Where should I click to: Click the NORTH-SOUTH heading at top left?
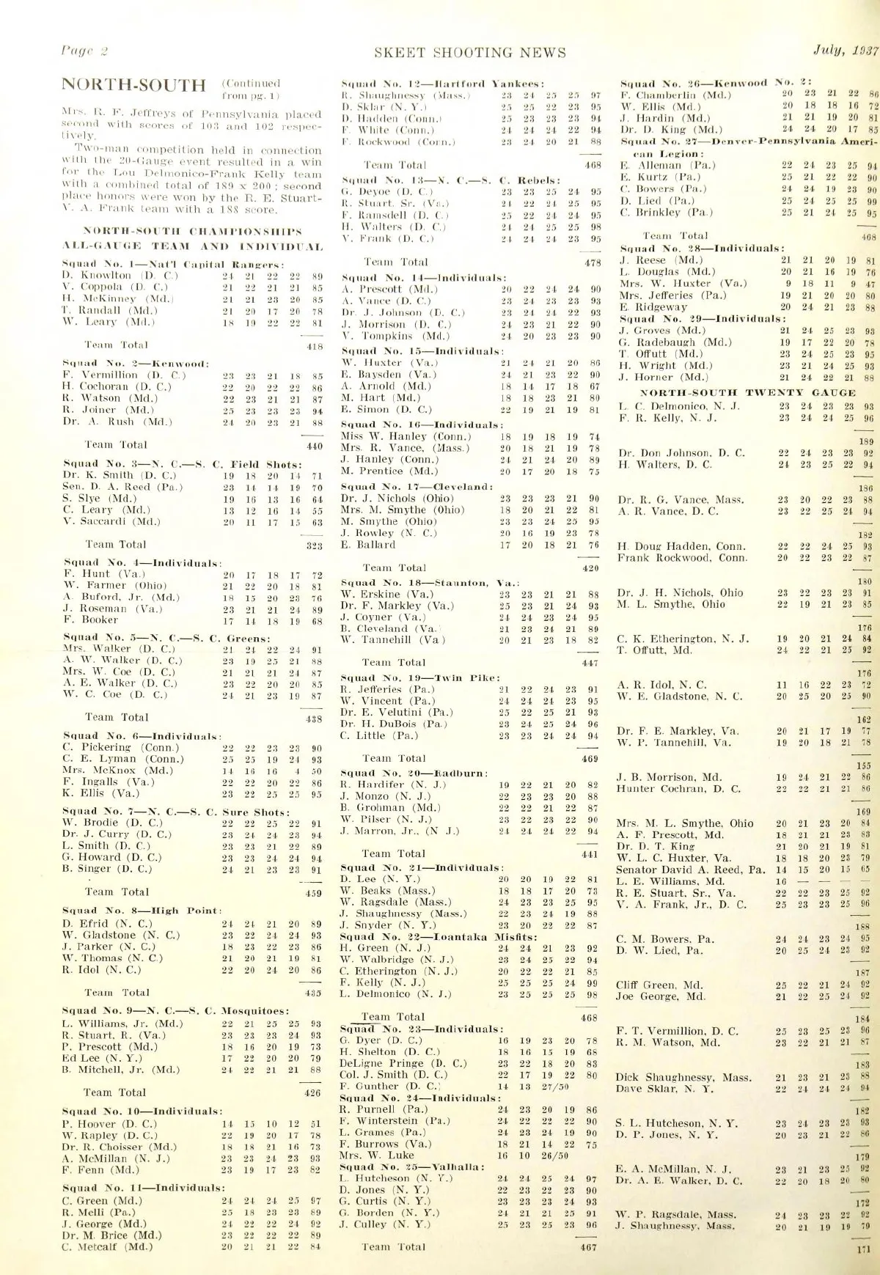[133, 85]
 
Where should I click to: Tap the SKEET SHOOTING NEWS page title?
[469, 53]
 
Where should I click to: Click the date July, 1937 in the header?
[845, 51]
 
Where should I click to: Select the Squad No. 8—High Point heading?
[142, 911]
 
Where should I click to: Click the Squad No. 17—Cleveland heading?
[417, 486]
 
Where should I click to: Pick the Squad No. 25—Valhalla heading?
[412, 1166]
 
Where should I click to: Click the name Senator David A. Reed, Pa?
[691, 870]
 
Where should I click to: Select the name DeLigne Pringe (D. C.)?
[403, 1063]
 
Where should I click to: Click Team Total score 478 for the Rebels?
[591, 262]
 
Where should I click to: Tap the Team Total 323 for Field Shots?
[314, 545]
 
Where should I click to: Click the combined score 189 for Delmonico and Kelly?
[866, 441]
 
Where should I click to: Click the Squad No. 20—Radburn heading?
[414, 773]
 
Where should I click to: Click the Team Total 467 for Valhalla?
[588, 1246]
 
